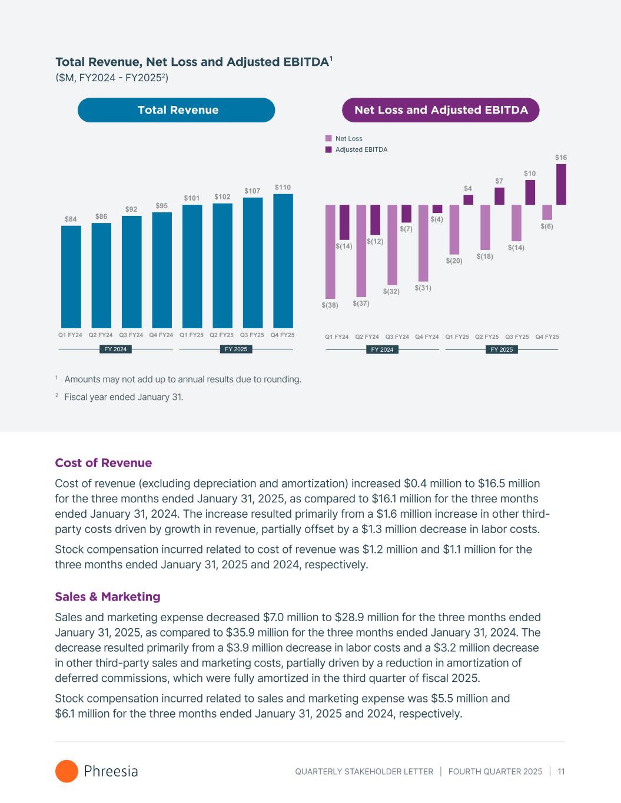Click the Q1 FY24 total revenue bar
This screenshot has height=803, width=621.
coord(71,276)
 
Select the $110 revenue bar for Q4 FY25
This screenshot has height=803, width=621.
coord(283,261)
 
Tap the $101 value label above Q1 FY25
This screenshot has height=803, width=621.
coord(192,198)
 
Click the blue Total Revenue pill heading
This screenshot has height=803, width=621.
coord(177,110)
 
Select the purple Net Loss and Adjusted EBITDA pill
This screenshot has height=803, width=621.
coord(441,110)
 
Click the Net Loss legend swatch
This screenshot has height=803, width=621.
coord(328,138)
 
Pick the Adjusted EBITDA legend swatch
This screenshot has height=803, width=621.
coord(328,149)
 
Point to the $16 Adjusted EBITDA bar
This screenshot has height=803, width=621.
coord(561,184)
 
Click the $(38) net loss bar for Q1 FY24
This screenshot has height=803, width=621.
coord(330,251)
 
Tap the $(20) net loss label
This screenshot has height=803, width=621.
coord(454,260)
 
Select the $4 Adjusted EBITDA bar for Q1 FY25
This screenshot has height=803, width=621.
coord(468,200)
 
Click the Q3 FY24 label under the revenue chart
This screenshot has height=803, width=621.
coord(131,335)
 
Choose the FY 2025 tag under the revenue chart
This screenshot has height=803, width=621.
coord(236,349)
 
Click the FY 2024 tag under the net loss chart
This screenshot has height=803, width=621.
coord(382,349)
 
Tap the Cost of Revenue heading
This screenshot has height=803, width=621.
coord(104,463)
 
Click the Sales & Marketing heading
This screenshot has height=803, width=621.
coord(108,597)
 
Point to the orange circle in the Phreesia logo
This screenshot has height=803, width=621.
coord(67,771)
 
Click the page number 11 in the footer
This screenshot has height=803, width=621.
coord(561,771)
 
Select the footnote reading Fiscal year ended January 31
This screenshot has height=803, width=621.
coord(124,397)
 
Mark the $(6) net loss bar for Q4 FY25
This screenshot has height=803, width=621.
coord(547,212)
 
